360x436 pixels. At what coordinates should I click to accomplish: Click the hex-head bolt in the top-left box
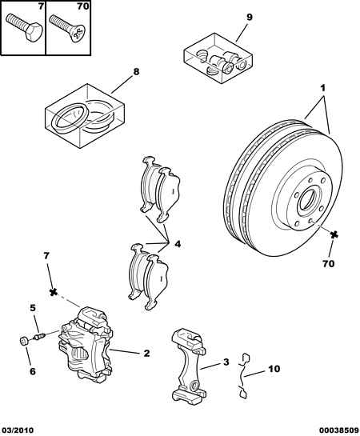coord(24,27)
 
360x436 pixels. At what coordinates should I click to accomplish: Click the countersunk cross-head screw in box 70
coord(66,28)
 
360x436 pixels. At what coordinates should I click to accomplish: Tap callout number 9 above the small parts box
coord(250,18)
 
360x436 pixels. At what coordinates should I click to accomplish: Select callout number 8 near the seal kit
coord(136,72)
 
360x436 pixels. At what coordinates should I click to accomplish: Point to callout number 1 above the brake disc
coord(322,89)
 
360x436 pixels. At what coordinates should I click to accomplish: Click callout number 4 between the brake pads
coord(178,244)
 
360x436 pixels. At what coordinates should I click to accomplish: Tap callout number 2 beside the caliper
coord(146,354)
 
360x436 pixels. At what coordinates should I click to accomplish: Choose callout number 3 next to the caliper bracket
coord(226,362)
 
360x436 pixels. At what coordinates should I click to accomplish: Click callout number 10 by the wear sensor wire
coord(274,369)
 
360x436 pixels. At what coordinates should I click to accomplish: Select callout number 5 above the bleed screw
coord(33,308)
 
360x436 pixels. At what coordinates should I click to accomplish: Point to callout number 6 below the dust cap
coord(33,371)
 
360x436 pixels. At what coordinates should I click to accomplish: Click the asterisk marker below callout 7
coord(53,292)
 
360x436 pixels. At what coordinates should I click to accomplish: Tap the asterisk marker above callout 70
coord(334,235)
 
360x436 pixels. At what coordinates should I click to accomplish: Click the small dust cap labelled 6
coord(24,340)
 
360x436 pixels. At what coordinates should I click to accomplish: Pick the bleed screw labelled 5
coord(39,336)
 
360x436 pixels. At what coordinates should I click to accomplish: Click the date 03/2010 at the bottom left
coord(17,430)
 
